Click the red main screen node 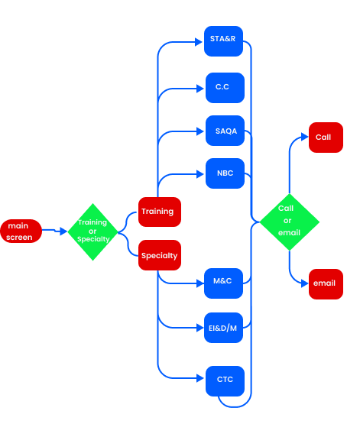21,231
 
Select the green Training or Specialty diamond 92,232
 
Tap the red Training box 160,212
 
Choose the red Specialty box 160,255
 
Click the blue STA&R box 223,41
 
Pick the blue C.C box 225,88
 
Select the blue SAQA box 225,131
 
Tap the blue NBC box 225,173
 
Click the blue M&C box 223,283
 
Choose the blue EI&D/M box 223,328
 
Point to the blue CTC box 225,381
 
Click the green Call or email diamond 290,222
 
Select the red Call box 326,138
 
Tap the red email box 326,284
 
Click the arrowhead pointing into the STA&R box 199,42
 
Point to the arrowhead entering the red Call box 305,137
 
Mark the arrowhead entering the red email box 305,283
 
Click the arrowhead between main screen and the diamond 63,231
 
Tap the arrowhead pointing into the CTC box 200,378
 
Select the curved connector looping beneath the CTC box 234,406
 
